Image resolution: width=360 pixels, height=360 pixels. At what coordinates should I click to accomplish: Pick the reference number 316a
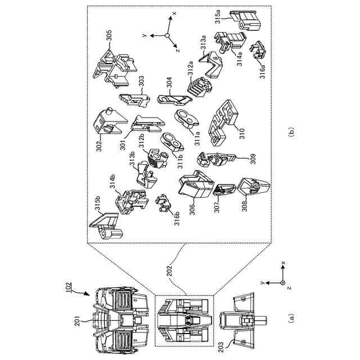pyautogui.click(x=262, y=72)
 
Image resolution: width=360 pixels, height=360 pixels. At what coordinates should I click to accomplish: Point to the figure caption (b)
pyautogui.click(x=290, y=133)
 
